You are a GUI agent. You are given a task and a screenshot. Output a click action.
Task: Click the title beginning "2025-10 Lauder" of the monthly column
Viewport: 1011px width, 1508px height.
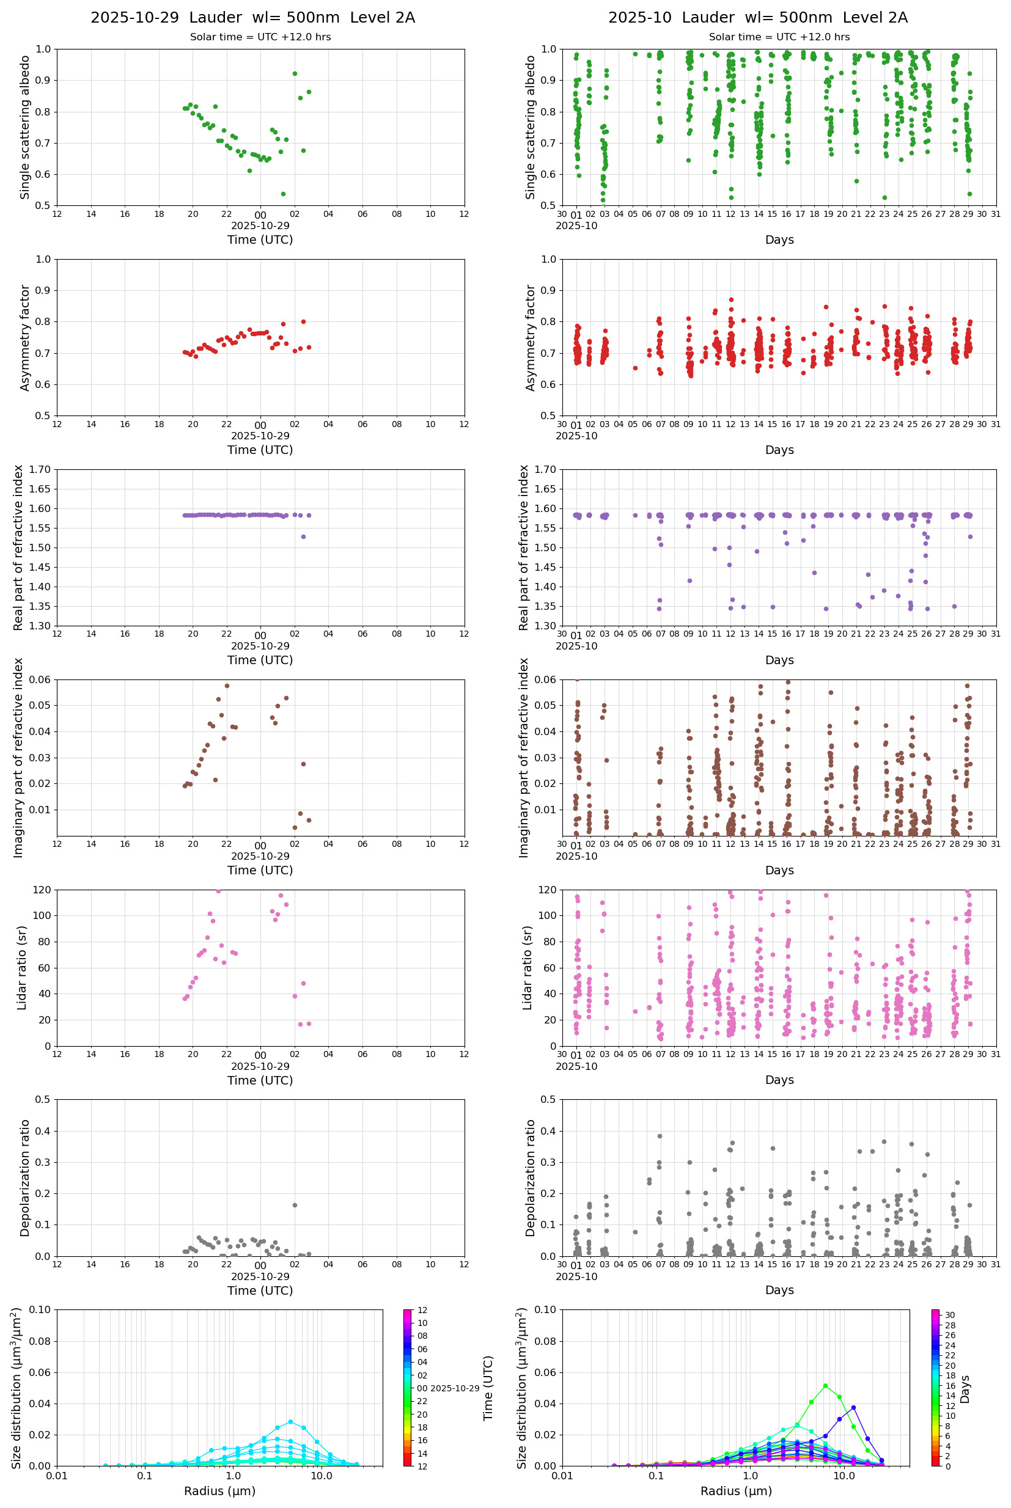[757, 17]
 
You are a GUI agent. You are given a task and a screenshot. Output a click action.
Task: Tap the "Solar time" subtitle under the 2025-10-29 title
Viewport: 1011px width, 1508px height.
[260, 37]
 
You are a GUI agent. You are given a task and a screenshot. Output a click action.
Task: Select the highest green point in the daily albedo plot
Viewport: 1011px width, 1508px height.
[295, 73]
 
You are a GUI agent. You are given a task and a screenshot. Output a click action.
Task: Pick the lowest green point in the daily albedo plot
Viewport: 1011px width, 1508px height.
[283, 194]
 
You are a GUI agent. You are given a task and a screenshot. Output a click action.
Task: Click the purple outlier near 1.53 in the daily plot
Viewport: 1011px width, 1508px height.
[303, 537]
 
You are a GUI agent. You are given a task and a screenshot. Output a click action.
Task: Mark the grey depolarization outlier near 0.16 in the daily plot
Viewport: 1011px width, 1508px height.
[295, 1205]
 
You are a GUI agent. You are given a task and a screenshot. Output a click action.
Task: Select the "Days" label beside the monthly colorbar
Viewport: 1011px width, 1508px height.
[965, 1389]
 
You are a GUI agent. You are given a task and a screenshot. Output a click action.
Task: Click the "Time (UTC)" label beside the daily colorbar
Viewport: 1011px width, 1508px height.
[488, 1388]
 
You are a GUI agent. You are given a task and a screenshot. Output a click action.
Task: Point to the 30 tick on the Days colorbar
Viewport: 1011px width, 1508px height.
[950, 1315]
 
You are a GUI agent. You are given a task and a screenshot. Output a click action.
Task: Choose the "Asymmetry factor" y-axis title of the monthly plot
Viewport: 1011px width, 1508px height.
[531, 338]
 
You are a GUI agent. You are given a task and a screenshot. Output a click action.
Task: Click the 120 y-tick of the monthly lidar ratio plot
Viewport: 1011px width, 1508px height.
[547, 890]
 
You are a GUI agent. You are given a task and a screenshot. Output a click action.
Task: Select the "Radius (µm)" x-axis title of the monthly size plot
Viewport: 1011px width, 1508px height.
[736, 1491]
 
